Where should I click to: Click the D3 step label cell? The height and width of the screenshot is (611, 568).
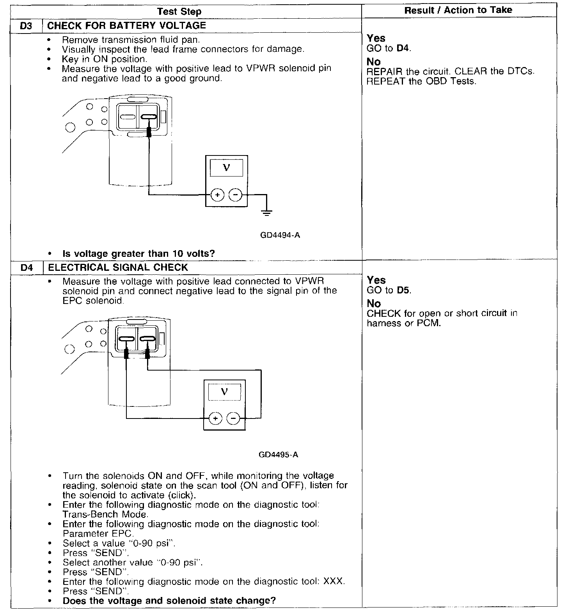coord(25,26)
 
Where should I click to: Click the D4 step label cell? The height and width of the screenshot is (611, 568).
coord(26,268)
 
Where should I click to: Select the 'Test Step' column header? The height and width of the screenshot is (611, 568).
coord(179,11)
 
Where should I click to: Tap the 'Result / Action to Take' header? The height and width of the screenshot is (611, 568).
coord(458,10)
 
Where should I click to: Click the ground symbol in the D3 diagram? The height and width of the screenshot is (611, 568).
coord(267,212)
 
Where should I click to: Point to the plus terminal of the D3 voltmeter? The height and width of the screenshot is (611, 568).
coord(217,194)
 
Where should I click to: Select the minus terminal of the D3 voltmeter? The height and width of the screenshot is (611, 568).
coord(235,194)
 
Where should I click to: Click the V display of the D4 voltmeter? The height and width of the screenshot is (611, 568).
coord(224,392)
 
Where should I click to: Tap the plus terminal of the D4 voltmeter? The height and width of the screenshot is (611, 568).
coord(215,419)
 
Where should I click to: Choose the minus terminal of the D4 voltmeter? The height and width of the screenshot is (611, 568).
coord(233,419)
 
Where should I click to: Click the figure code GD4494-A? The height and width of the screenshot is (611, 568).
coord(280,235)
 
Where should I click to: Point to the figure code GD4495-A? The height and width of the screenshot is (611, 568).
coord(279,455)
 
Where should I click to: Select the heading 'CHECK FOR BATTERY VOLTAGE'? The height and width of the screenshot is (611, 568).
coord(126,26)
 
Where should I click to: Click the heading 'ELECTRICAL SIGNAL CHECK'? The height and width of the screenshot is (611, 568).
coord(118,267)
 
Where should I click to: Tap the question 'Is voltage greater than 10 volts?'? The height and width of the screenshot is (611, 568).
coord(138,254)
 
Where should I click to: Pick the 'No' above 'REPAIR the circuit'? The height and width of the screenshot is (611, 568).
coord(374,62)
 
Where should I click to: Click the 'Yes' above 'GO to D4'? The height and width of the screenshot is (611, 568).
coord(376,38)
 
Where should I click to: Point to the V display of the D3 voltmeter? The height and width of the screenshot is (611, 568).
coord(226,168)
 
